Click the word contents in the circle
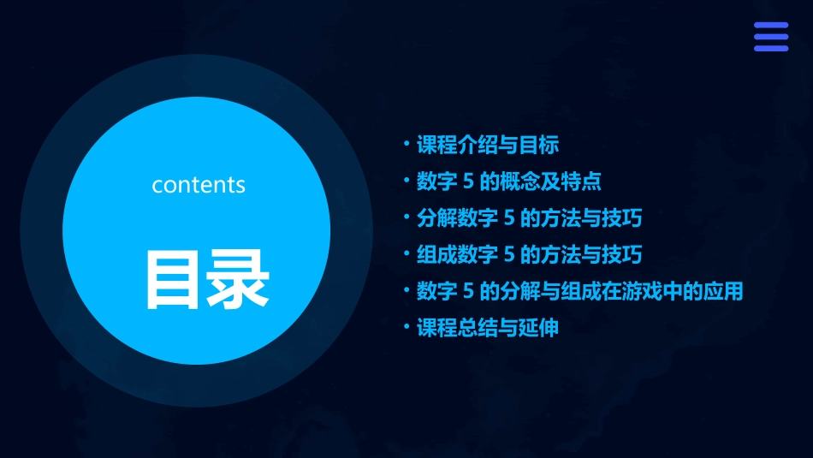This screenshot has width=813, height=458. tap(199, 185)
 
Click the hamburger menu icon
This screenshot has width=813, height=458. tap(770, 37)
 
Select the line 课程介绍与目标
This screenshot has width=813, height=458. tap(488, 145)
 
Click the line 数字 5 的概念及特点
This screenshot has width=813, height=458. tap(509, 181)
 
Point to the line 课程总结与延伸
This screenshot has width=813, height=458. tap(488, 328)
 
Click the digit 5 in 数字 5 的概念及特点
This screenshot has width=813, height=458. tap(469, 181)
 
